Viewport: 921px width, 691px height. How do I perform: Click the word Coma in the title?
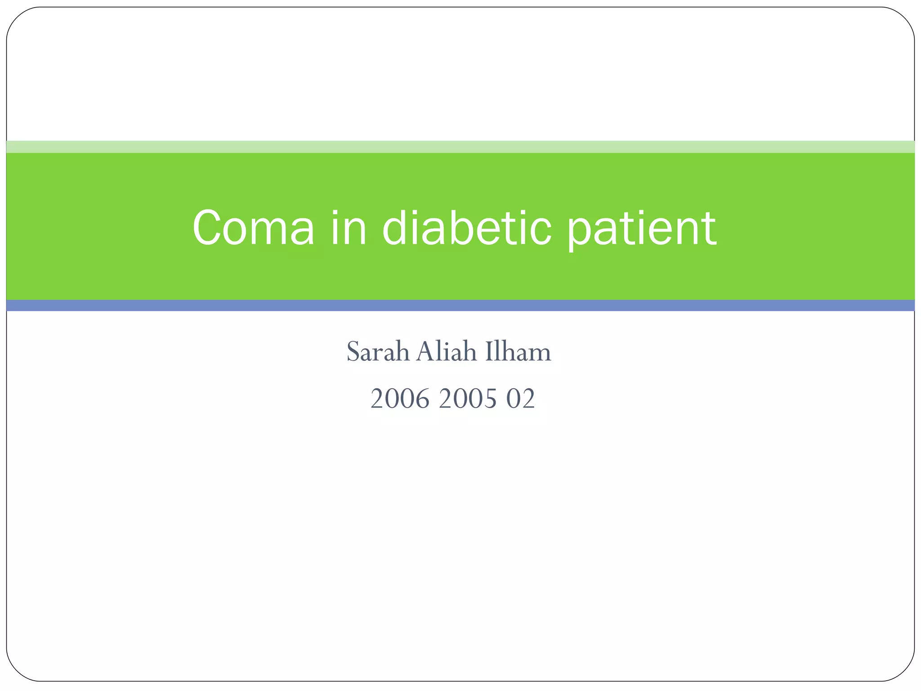pos(253,228)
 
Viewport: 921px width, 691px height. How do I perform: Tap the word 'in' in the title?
pos(349,228)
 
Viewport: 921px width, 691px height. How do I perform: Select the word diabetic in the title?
pos(467,228)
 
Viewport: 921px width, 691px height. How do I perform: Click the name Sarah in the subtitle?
pos(378,352)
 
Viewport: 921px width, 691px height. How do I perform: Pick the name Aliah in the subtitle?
pos(446,352)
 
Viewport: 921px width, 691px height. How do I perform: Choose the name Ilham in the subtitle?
pos(518,352)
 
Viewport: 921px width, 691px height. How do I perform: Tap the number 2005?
pos(468,399)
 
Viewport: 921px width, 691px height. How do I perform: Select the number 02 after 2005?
pos(521,399)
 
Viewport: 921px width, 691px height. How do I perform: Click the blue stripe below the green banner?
pos(460,305)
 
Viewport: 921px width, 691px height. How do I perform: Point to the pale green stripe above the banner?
pos(460,147)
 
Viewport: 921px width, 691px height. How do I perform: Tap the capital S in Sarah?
pos(353,352)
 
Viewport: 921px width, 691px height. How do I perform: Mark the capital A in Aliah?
pos(425,352)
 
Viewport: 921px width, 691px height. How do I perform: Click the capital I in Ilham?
pos(488,352)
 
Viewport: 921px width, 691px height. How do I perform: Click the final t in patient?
pos(710,229)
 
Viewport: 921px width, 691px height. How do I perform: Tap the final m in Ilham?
pos(540,354)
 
